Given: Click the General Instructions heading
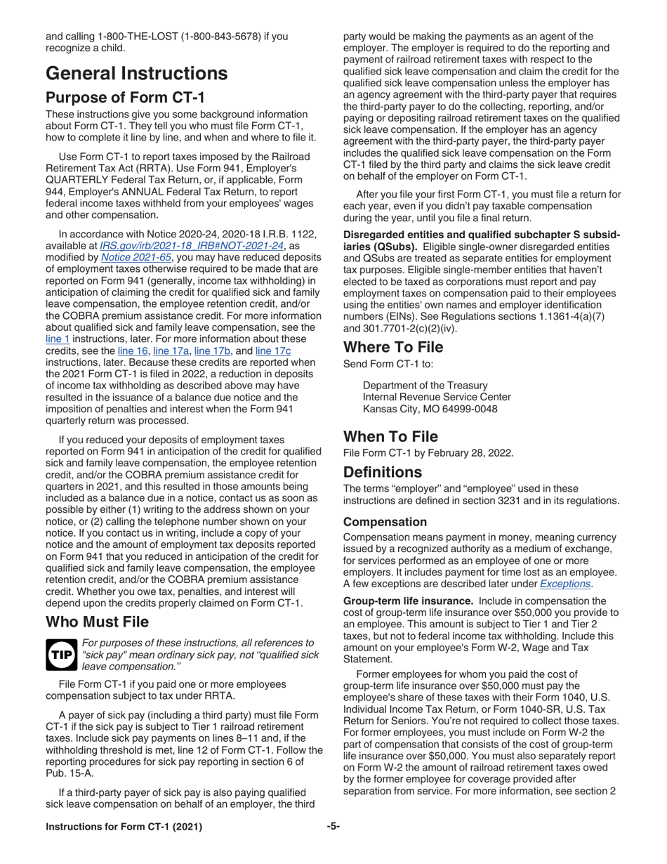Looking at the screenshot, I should (136, 72).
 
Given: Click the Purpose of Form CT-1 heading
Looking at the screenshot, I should (125, 97).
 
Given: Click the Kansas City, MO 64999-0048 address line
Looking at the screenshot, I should (436, 409).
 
